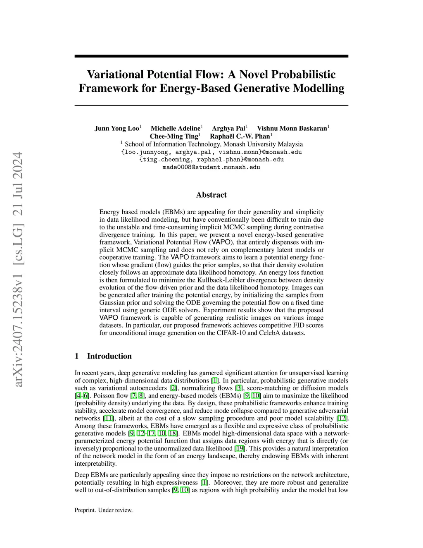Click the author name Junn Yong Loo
(117, 128)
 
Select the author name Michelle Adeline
(175, 128)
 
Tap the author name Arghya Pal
(228, 128)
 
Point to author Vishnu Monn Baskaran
(292, 128)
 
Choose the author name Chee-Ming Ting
(174, 136)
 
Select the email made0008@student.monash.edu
(211, 167)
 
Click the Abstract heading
(211, 195)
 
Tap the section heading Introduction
(109, 356)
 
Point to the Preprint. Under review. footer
(104, 510)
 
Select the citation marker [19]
(239, 448)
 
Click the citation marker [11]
(108, 418)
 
